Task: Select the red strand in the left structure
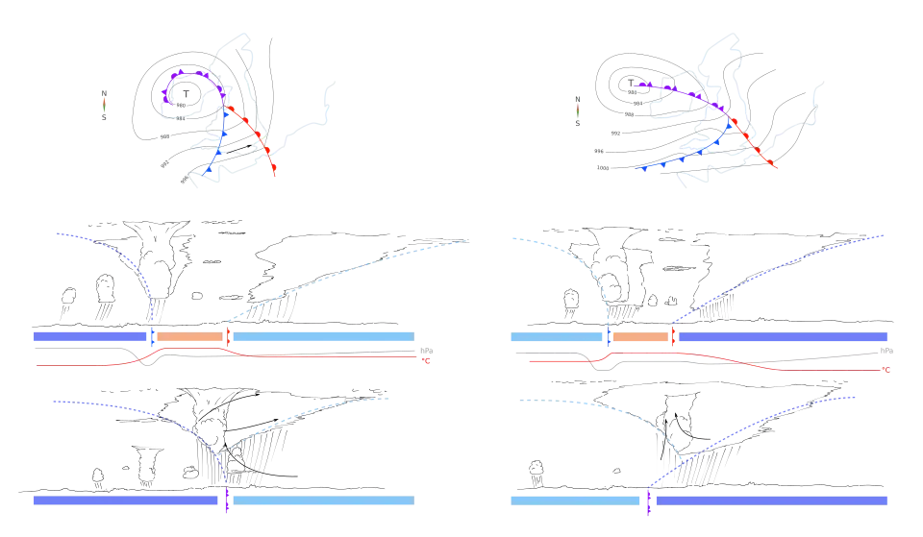pos(252,134)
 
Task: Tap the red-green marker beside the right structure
pos(579,110)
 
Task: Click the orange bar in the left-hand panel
pos(189,337)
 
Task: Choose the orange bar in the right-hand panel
pos(640,337)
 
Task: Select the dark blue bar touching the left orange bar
pos(91,337)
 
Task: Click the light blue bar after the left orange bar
pos(323,337)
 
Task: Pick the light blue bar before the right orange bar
pos(558,337)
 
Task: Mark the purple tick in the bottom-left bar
pos(227,500)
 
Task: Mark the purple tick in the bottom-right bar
pos(649,500)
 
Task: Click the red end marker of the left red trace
pos(426,361)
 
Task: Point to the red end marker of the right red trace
pos(886,368)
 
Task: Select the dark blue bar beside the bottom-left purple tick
pos(125,500)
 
